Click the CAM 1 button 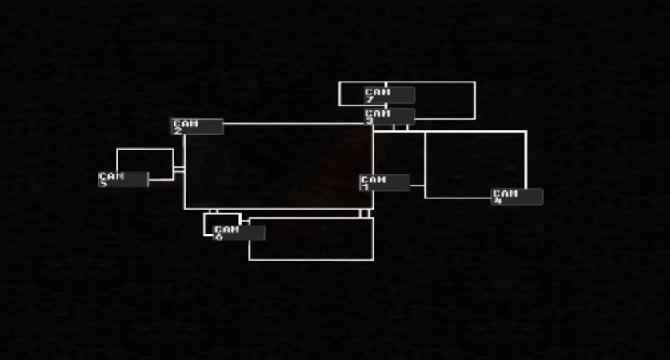384,182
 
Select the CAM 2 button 197,126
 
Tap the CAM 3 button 389,116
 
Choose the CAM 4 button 517,196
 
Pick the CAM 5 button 123,179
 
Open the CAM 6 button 239,232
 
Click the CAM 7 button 389,95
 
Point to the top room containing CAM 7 444,100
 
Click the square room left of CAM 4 475,160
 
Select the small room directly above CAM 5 145,160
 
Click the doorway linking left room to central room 179,171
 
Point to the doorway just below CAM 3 400,127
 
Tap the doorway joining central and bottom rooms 365,213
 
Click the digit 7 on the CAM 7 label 370,100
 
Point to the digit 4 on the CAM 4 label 498,201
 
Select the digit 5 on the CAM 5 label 104,184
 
